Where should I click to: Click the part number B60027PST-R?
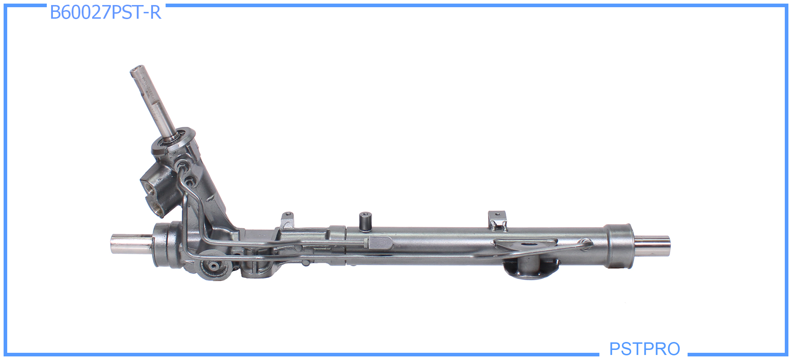tap(105, 12)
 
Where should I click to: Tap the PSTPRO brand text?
tap(644, 348)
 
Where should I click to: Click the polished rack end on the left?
tap(131, 244)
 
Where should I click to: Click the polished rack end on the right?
tap(652, 246)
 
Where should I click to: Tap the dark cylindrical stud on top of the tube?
tap(365, 221)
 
